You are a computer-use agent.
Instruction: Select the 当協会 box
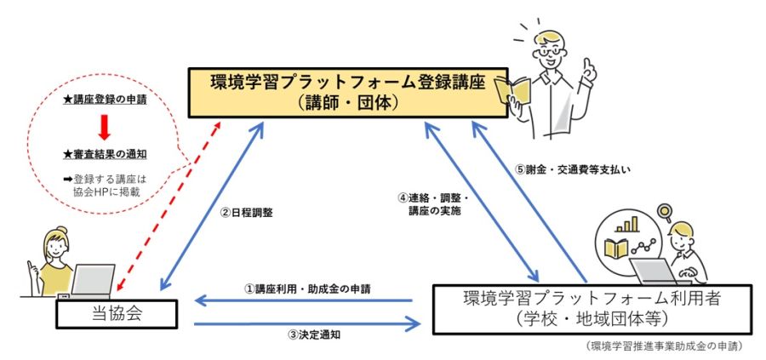tap(116, 314)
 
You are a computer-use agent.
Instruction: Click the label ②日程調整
tap(246, 213)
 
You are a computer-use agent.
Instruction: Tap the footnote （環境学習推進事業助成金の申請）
tap(666, 346)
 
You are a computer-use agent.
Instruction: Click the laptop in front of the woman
tap(90, 280)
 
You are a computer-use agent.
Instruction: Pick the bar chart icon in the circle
tap(631, 225)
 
